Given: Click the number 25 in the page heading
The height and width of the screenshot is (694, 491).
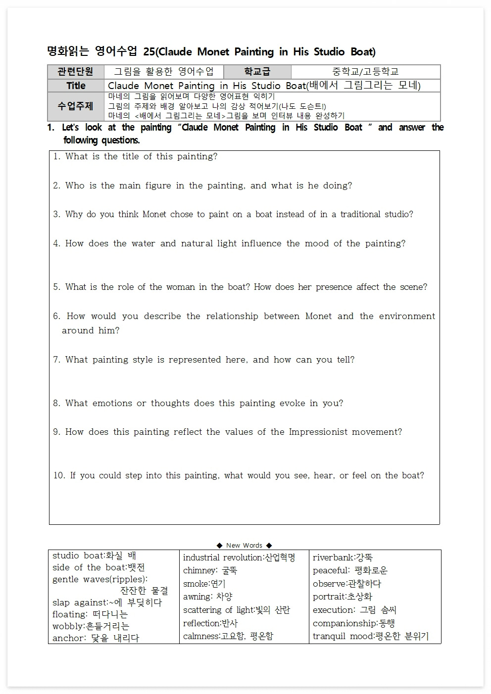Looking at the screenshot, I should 148,52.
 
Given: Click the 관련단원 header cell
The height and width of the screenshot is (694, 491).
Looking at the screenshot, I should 75,72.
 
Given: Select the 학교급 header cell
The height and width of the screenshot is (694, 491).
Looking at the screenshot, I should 257,72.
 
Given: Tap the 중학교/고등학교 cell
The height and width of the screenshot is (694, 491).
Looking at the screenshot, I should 365,72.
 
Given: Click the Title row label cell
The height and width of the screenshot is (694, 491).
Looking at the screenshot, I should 76,86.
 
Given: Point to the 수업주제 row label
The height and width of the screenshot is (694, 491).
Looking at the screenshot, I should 75,106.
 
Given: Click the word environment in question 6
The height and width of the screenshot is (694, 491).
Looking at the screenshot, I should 407,316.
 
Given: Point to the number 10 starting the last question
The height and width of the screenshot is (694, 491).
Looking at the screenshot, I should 59,475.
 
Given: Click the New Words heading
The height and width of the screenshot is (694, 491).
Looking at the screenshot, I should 244,545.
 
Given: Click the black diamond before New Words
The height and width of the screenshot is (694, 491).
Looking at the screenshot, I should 219,546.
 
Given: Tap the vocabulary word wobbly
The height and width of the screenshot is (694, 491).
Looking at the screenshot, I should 68,626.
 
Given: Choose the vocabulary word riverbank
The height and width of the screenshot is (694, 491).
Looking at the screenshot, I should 333,557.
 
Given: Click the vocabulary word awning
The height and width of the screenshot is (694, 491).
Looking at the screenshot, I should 197,597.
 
